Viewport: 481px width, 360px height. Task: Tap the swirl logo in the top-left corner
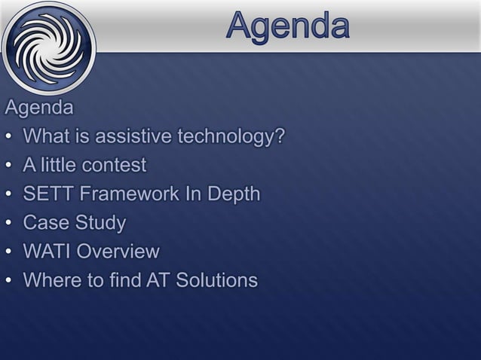pos(47,47)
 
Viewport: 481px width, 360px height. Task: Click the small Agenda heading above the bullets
pos(39,108)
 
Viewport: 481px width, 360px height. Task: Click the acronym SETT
pos(48,194)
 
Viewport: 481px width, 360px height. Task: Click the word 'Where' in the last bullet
pos(53,281)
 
